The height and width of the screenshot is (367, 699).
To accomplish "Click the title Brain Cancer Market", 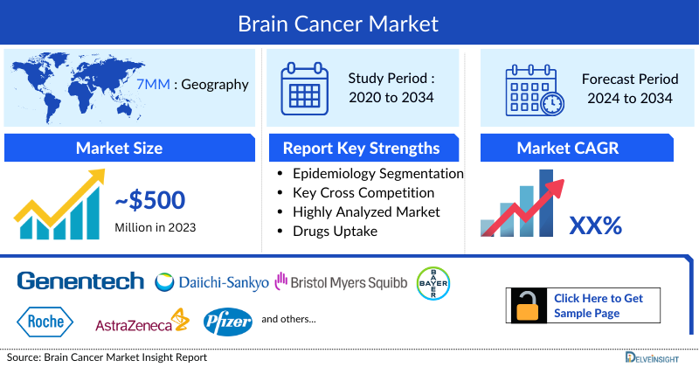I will pos(349,22).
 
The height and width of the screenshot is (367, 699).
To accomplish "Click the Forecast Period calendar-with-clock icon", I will pos(534,89).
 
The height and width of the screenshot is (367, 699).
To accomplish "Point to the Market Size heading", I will pos(119,148).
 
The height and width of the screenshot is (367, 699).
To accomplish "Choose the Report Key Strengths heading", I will pos(361,148).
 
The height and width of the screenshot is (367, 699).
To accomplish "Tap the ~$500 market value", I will pos(150,201).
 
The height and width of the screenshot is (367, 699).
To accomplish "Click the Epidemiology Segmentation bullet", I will pos(377,173).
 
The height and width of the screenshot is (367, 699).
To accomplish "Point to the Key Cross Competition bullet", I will pos(363,192).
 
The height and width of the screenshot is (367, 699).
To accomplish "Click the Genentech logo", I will pos(80,281).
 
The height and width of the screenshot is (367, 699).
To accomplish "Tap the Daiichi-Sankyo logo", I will pos(212,282).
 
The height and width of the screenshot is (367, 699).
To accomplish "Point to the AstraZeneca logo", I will pos(142,322).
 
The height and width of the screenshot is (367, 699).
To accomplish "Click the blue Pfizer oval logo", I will pos(228,322).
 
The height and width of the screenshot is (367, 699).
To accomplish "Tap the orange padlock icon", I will pos(528,307).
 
